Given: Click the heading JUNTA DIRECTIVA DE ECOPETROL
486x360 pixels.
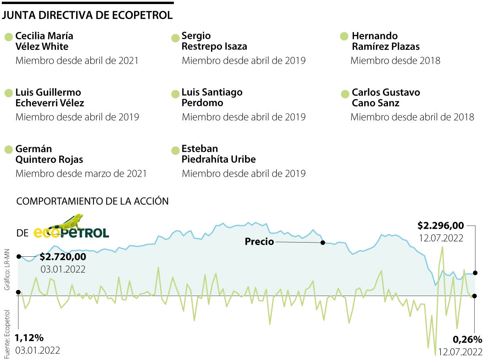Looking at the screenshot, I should pos(87,15).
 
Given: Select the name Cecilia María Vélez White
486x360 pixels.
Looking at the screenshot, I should pos(44,41).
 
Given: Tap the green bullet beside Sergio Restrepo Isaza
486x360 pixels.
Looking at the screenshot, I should pos(175,38).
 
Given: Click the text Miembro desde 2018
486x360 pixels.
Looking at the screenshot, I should pos(395,61).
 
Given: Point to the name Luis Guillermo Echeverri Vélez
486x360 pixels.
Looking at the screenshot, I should pos(49,98).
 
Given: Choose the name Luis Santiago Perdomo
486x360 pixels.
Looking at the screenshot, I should pos(212,98).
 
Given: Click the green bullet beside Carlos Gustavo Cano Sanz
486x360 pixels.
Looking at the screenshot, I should pos(345,94).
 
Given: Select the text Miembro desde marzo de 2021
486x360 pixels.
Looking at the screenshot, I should pos(81,173).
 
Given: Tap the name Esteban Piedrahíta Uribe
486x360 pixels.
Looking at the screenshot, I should pos(219,154).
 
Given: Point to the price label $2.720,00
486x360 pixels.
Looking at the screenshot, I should pos(63,256).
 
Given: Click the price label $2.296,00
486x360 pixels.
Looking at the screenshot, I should pos(440,225).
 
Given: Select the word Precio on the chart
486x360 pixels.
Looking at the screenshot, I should pos(260,242).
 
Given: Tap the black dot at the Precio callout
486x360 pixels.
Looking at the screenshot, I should pos(323,243).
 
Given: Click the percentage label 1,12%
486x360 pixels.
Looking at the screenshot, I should pos(29,338).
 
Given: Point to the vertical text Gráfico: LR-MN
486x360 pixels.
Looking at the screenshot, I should pos(7,270).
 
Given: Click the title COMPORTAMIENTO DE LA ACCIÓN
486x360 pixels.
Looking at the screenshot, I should pos(92,201).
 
